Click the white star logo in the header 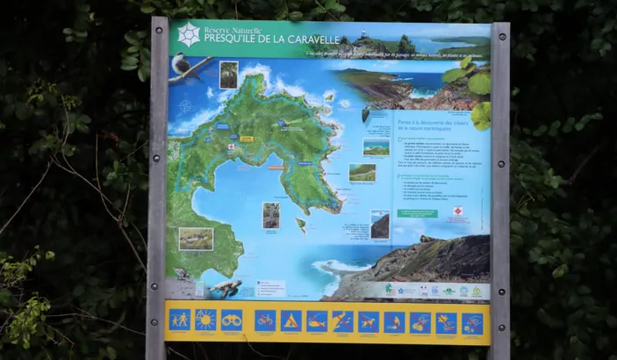[x=188, y=35]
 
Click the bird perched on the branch [x=183, y=63]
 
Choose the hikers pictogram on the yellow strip [x=179, y=320]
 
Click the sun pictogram [x=205, y=320]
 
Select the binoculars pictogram [x=231, y=320]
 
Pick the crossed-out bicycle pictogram [x=265, y=320]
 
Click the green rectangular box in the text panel [x=417, y=213]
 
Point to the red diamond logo [x=457, y=211]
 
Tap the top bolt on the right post [x=500, y=38]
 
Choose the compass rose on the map [x=186, y=106]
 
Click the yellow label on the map [x=247, y=140]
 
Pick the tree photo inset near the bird [x=228, y=75]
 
